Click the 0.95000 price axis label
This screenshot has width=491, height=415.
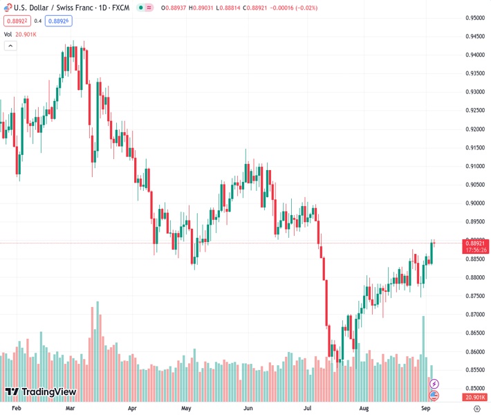point(474,18)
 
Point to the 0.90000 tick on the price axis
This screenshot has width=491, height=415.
point(474,203)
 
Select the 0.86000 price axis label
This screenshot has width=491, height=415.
point(474,351)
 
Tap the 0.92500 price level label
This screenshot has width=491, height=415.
point(474,111)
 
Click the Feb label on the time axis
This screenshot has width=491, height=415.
point(17,408)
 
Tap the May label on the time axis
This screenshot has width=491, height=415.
point(186,408)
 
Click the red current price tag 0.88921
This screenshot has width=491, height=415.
point(474,243)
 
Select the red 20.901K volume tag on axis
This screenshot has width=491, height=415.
point(474,397)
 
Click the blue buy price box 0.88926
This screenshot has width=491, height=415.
point(59,21)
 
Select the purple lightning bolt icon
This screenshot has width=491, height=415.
point(434,383)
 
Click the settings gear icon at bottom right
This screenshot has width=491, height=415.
point(476,408)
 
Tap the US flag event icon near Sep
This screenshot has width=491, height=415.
point(434,396)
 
